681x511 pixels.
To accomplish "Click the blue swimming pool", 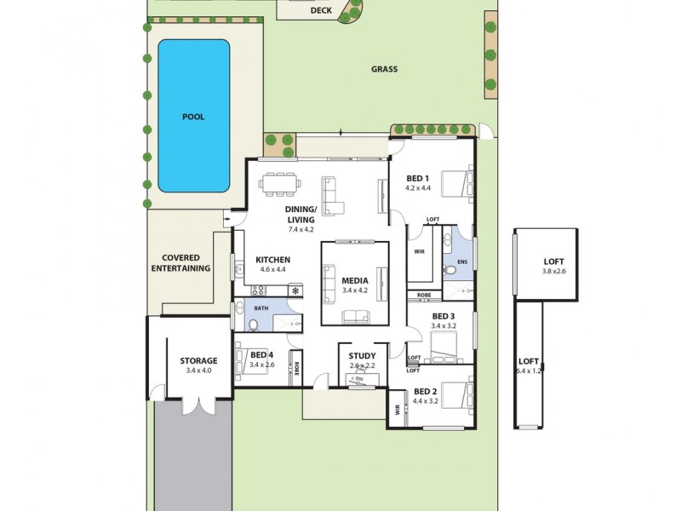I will click(x=194, y=116).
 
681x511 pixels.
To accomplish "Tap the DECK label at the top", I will click(x=321, y=11).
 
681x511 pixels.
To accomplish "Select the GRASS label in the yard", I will click(x=384, y=70).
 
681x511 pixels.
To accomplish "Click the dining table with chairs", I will click(x=280, y=184).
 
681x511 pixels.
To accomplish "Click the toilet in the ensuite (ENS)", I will click(x=450, y=271).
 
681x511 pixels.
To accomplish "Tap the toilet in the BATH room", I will click(x=254, y=324).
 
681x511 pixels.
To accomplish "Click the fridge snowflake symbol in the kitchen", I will click(x=295, y=291).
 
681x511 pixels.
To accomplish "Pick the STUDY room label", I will click(x=362, y=356).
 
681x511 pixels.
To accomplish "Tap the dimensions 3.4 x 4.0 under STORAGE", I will click(x=197, y=371).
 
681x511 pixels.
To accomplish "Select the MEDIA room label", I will click(x=354, y=280).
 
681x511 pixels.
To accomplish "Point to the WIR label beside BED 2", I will click(x=397, y=409).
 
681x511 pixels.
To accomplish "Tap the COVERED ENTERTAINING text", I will click(x=180, y=263).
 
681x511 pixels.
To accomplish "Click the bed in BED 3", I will click(x=444, y=348).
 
